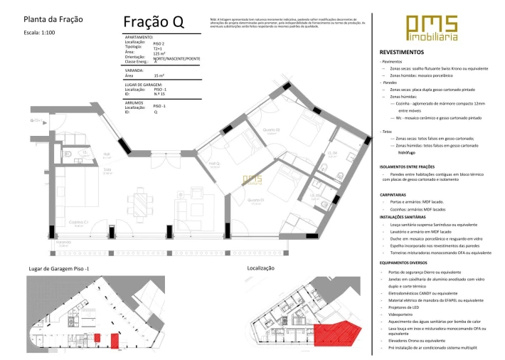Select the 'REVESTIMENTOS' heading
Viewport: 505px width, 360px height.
(x=402, y=53)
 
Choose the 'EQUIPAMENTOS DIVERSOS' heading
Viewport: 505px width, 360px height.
(x=405, y=263)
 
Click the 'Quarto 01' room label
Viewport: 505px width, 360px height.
(x=255, y=201)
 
